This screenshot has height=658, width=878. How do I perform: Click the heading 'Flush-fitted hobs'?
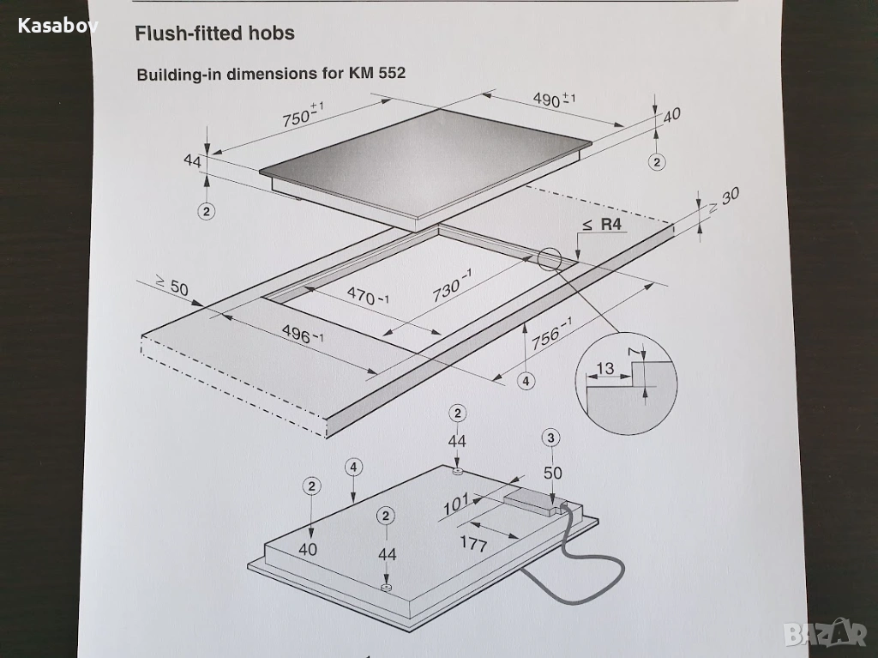point(214,33)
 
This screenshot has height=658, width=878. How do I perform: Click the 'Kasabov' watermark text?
point(57,25)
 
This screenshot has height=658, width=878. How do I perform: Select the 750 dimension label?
point(303,114)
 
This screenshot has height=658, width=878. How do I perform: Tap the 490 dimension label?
point(553,100)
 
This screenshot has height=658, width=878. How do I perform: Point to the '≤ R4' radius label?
point(602,225)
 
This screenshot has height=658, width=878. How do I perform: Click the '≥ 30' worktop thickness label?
point(724,200)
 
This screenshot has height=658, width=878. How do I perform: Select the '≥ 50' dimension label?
point(171,287)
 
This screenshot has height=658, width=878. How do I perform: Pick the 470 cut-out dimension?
point(367,295)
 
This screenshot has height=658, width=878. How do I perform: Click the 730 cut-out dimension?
point(451,286)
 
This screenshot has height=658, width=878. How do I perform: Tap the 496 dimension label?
point(303,335)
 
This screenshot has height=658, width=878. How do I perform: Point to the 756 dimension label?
point(551,334)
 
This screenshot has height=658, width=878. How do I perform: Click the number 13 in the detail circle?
point(605,368)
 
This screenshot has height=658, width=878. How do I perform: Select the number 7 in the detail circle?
point(634,352)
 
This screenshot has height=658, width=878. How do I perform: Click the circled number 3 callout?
point(551,438)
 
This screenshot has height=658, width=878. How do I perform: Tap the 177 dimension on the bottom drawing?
point(473,543)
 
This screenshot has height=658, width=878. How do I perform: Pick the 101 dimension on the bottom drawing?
point(456,505)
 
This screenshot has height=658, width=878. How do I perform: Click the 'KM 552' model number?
point(377,74)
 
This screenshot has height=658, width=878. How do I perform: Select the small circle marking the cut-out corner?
point(550,259)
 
